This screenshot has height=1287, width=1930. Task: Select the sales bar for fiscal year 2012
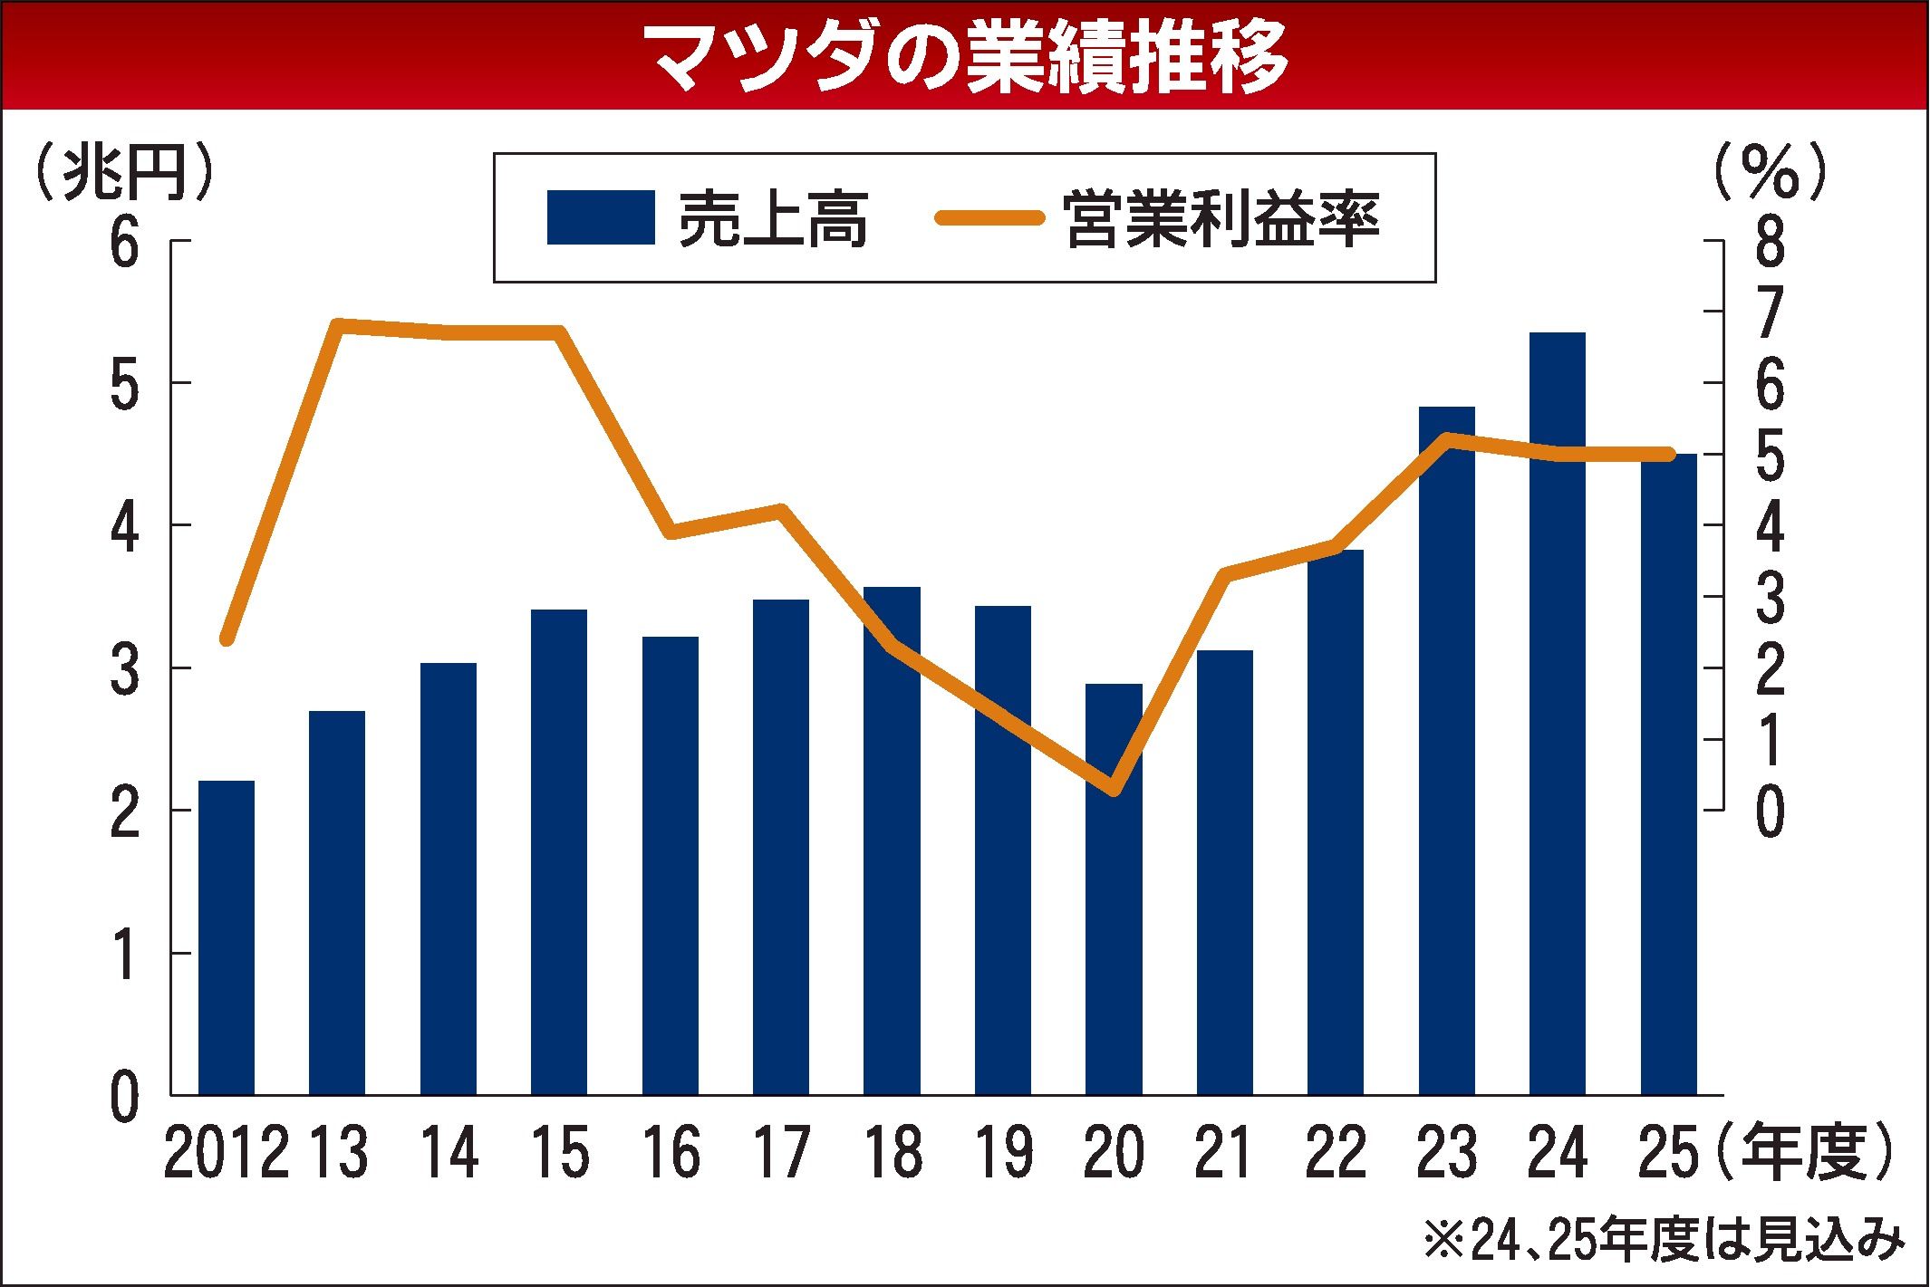(x=227, y=937)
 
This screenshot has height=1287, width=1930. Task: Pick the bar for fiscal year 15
(x=559, y=851)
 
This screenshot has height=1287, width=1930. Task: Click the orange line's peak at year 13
(x=337, y=324)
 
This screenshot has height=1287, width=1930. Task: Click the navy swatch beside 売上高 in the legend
(x=600, y=217)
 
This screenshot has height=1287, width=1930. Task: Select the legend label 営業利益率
(x=1222, y=218)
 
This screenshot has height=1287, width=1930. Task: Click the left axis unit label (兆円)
(x=125, y=172)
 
